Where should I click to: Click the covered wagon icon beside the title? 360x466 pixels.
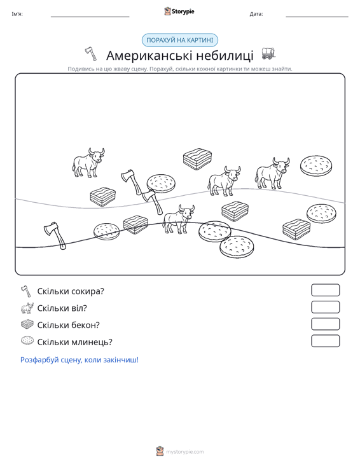tap(268, 53)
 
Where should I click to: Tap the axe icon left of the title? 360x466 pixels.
tap(91, 54)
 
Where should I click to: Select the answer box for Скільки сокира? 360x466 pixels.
tap(325, 290)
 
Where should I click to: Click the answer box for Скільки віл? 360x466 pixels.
tap(325, 307)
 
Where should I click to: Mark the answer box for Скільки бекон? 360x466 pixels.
tap(325, 324)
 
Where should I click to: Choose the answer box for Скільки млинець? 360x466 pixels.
tap(325, 341)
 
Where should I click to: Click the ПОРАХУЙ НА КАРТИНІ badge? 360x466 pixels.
tap(180, 40)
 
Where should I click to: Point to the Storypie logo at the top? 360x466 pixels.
tap(179, 11)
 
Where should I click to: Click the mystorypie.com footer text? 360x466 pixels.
tap(184, 452)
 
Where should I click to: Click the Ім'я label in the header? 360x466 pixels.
tap(17, 14)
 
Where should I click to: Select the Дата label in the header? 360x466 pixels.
tap(256, 14)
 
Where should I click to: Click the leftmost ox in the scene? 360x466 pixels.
tap(88, 163)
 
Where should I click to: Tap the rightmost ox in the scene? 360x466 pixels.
tap(272, 174)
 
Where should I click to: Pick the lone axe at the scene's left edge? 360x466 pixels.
tap(55, 235)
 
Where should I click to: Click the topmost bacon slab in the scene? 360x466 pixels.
tap(197, 159)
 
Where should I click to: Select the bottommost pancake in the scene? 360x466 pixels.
tap(237, 247)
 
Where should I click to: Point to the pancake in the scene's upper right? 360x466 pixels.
tap(315, 165)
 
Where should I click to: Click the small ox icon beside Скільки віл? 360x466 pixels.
tap(27, 308)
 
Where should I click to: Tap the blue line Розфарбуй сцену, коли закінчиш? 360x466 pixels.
tap(80, 360)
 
